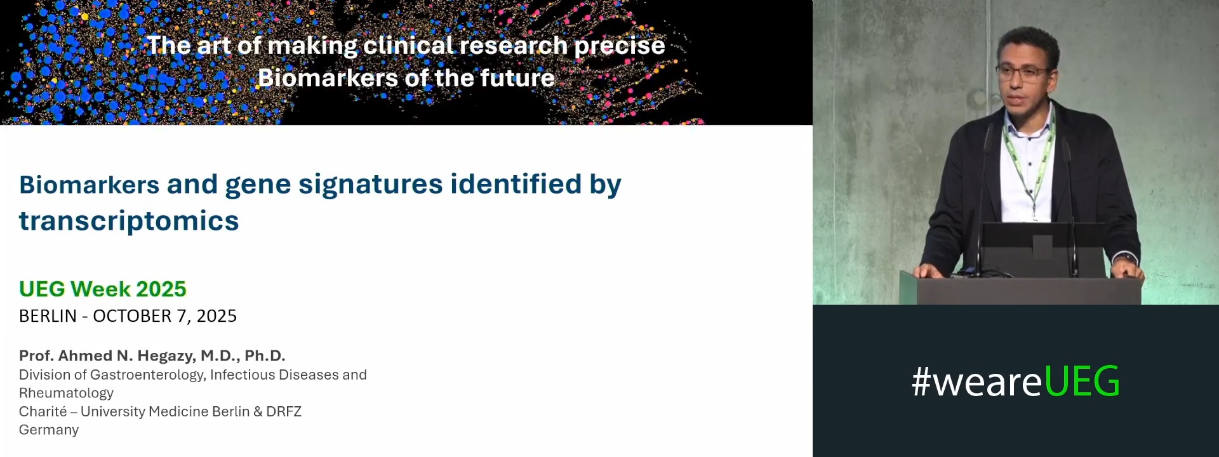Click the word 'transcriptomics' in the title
click(129, 221)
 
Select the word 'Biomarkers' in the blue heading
click(89, 185)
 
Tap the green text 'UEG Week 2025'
click(103, 289)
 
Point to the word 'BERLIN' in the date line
click(48, 316)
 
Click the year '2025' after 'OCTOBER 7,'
click(216, 316)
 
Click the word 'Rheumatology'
click(66, 393)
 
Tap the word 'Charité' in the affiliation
click(43, 411)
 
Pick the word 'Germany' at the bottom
click(49, 430)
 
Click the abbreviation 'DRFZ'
click(284, 411)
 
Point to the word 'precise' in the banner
click(620, 46)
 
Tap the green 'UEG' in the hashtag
click(1081, 381)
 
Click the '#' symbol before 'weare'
click(921, 382)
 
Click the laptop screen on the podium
click(1042, 249)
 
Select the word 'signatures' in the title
click(370, 185)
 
